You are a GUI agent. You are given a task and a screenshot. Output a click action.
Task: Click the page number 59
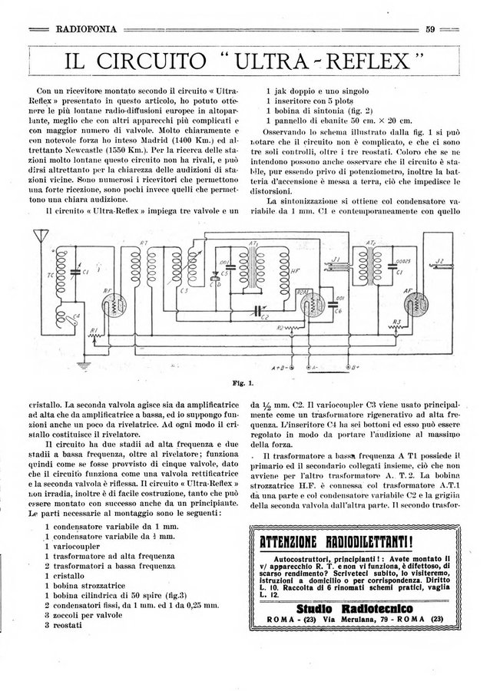pyautogui.click(x=431, y=29)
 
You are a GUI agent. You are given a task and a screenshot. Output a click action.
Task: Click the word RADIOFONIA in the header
pyautogui.click(x=86, y=29)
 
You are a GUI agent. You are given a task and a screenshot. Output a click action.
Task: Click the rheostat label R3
pyautogui.click(x=397, y=321)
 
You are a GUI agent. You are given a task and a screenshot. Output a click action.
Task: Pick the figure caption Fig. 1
pyautogui.click(x=244, y=383)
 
